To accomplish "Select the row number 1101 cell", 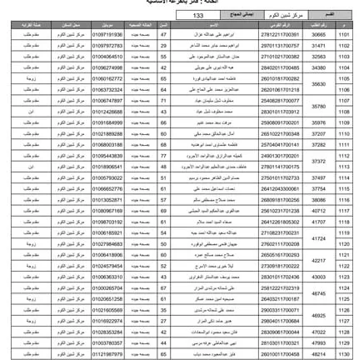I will pos(344,35).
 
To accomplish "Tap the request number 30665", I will pos(319,35).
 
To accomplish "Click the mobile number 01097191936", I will pos(107,35).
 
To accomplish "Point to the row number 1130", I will pos(344,353).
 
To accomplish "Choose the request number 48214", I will pos(319,353).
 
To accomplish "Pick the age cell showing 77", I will pos(163,156).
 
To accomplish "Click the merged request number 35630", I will pos(319,84).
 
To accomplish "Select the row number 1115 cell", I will pos(344,188).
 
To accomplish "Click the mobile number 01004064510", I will pos(107,57).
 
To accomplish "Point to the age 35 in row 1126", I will pos(163,309).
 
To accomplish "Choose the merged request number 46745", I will pos(319,292).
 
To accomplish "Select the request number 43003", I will pos(319,277).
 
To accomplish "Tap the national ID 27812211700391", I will pos(280,35).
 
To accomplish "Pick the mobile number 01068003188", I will pos(107,144).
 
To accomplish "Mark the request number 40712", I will pos(319,211).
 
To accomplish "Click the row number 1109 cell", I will pos(344,122).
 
